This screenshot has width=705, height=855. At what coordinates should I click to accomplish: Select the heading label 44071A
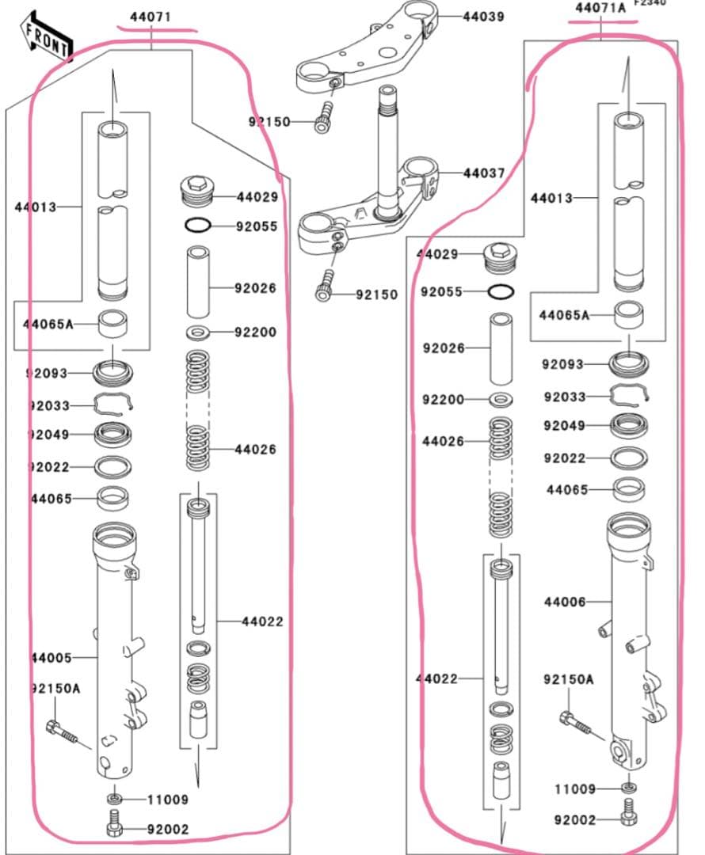(600, 8)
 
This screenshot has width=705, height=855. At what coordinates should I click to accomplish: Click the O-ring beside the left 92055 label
(198, 226)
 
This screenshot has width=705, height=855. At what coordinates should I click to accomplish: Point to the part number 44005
(51, 658)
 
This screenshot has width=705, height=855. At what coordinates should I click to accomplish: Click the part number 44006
(565, 602)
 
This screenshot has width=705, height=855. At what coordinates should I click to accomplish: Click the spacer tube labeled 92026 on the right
(500, 347)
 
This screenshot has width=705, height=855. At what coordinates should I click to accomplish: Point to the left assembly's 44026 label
(255, 450)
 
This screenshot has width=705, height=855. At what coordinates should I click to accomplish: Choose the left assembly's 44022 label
(262, 621)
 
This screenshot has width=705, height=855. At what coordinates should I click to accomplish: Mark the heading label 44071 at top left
(151, 16)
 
